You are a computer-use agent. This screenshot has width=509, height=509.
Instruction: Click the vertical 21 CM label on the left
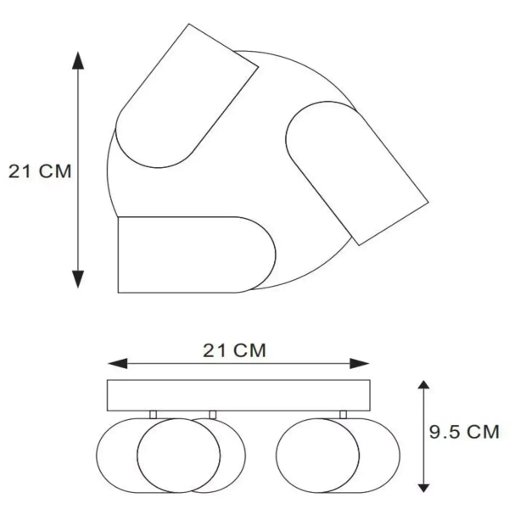point(40,171)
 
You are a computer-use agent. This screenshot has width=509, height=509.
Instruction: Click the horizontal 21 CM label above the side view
point(234,350)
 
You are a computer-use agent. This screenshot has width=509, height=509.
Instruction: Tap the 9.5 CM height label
point(464,432)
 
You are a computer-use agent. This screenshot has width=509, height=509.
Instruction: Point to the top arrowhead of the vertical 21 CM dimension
point(78,60)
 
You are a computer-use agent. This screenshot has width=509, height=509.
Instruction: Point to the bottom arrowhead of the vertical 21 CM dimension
point(78,279)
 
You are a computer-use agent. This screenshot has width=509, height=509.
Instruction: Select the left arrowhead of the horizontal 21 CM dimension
point(118,364)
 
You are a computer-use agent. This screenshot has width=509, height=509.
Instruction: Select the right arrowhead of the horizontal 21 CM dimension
point(360,364)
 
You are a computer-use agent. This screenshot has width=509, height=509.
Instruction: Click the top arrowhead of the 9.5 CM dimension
point(423,384)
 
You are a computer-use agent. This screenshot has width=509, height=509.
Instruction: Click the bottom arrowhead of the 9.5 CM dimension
point(423,488)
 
